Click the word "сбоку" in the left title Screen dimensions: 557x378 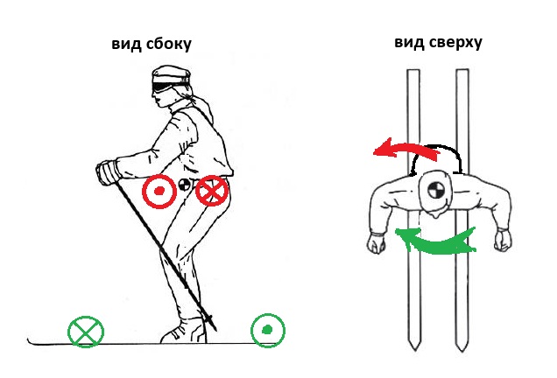168,45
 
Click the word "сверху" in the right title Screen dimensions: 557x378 455,43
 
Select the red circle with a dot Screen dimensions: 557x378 159,192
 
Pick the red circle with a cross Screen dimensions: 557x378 212,191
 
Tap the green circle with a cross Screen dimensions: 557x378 86,332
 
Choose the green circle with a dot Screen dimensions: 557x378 268,331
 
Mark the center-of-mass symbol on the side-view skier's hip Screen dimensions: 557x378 184,185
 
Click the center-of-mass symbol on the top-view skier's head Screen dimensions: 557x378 434,190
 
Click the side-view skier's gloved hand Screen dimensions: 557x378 107,172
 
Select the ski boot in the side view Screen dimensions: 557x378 185,331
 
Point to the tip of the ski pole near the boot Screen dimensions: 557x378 215,330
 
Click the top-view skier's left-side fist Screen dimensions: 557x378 377,242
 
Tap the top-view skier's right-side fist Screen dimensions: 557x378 504,241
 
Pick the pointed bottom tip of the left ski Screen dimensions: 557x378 414,350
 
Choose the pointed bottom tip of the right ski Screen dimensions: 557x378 462,351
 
